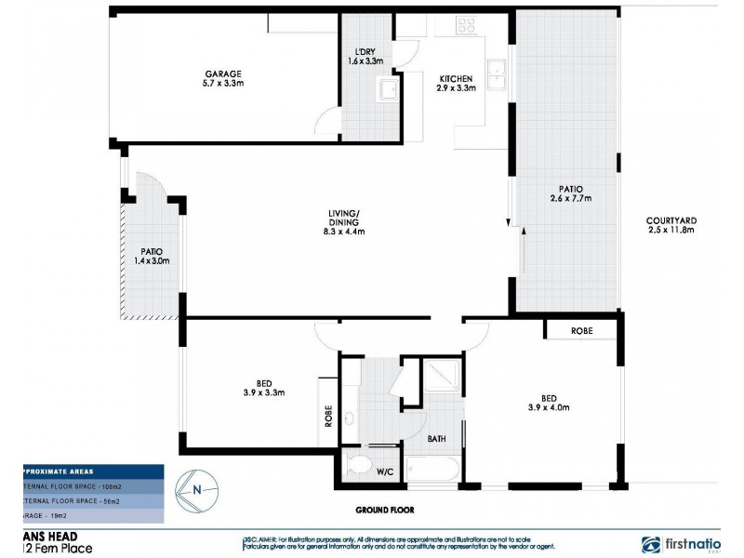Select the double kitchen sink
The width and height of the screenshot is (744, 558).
[x=497, y=72]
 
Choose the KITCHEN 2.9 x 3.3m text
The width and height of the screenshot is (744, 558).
[x=456, y=84]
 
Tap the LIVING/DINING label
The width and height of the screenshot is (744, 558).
[x=345, y=223]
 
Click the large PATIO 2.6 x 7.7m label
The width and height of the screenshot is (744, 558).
[x=570, y=193]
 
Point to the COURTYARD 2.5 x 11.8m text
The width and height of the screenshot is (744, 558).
[x=671, y=226]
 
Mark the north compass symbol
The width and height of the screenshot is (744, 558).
[x=196, y=488]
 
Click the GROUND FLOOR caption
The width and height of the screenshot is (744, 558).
[x=385, y=510]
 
